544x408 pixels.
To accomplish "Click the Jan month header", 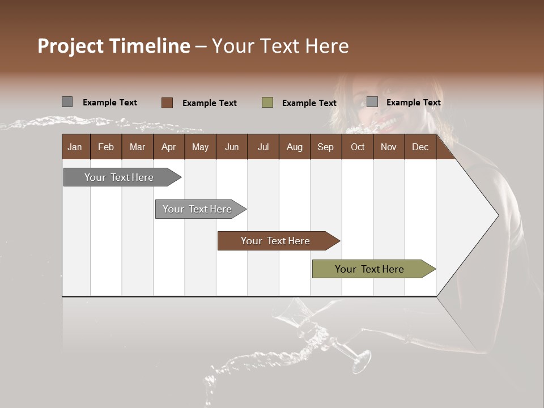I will (x=75, y=147).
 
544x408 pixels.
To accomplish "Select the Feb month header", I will (x=106, y=147).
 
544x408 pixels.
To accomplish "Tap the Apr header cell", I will (x=169, y=147).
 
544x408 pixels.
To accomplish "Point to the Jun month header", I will (x=232, y=147).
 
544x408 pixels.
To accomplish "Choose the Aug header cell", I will (x=295, y=147).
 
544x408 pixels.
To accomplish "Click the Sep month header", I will (x=326, y=147).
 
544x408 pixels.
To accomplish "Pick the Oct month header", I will (x=358, y=147).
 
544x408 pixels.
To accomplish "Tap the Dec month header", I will (x=420, y=147).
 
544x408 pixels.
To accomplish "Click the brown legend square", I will (x=167, y=103).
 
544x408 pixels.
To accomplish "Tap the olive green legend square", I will (x=267, y=103).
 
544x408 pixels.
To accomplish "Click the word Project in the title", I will (x=71, y=46).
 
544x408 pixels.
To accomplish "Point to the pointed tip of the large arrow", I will (x=497, y=215).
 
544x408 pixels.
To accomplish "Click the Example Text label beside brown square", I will (x=210, y=103).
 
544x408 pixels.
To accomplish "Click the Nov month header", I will (x=389, y=147).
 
